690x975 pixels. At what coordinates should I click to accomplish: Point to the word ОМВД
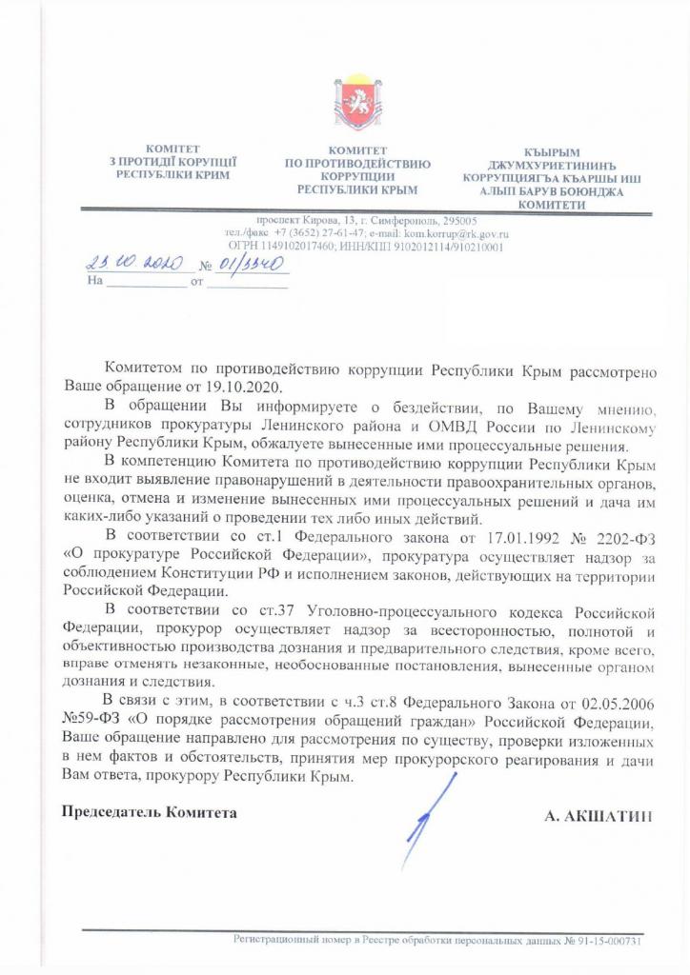[477, 425]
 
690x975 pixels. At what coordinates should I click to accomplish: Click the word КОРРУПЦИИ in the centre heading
[358, 177]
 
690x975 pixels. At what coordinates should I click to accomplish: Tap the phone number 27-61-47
[313, 232]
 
